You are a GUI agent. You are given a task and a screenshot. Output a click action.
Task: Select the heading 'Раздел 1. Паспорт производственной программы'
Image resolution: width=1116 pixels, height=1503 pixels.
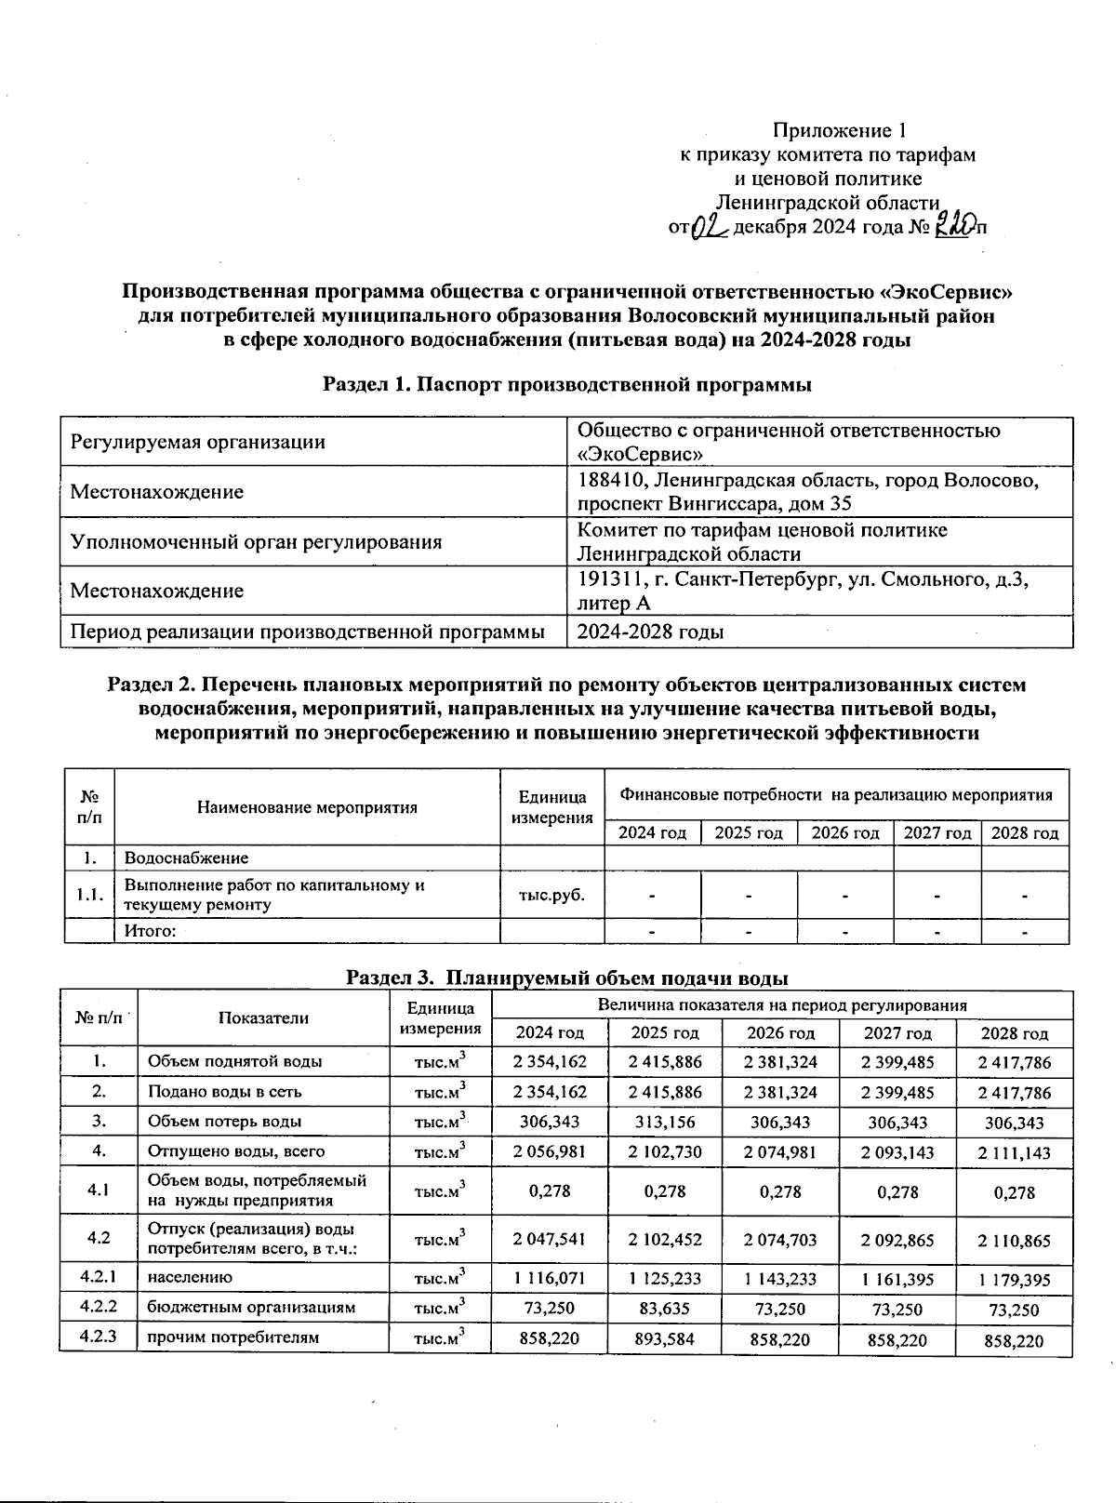tap(567, 384)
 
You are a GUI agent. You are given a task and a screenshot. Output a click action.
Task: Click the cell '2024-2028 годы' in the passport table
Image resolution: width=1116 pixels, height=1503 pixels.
tap(651, 632)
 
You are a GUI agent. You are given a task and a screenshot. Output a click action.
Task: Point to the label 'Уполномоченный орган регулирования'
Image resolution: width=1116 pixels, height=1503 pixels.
tap(256, 541)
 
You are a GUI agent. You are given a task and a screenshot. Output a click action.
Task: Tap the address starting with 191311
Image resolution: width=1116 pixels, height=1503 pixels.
tap(804, 590)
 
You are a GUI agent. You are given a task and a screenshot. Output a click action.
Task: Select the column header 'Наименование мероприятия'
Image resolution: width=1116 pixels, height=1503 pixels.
tap(307, 807)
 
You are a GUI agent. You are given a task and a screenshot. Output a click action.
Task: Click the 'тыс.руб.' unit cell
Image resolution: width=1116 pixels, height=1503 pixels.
tap(551, 895)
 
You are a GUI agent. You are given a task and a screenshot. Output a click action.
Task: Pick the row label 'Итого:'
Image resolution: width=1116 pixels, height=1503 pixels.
tap(151, 931)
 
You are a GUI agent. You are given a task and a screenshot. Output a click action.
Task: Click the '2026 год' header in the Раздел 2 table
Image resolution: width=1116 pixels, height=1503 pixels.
tap(845, 833)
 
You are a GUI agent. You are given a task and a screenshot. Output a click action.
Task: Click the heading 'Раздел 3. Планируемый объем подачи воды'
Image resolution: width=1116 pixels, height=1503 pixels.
tap(567, 978)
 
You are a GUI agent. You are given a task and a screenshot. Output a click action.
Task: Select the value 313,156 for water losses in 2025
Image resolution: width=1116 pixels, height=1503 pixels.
tap(665, 1122)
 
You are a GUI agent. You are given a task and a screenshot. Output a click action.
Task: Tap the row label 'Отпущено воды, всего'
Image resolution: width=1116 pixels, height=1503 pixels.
tap(236, 1151)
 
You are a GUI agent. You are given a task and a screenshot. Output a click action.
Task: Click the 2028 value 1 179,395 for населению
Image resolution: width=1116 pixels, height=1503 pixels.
tap(1014, 1280)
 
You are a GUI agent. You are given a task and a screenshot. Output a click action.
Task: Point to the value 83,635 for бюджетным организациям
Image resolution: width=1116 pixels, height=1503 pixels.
tap(665, 1308)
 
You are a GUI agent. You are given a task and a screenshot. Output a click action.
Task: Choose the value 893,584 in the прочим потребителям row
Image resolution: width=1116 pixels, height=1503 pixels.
tap(665, 1339)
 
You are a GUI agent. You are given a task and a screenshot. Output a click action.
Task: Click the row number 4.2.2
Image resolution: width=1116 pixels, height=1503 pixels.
tap(99, 1307)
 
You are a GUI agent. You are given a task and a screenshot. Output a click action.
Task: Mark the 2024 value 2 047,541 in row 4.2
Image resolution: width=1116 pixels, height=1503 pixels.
tap(549, 1239)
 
